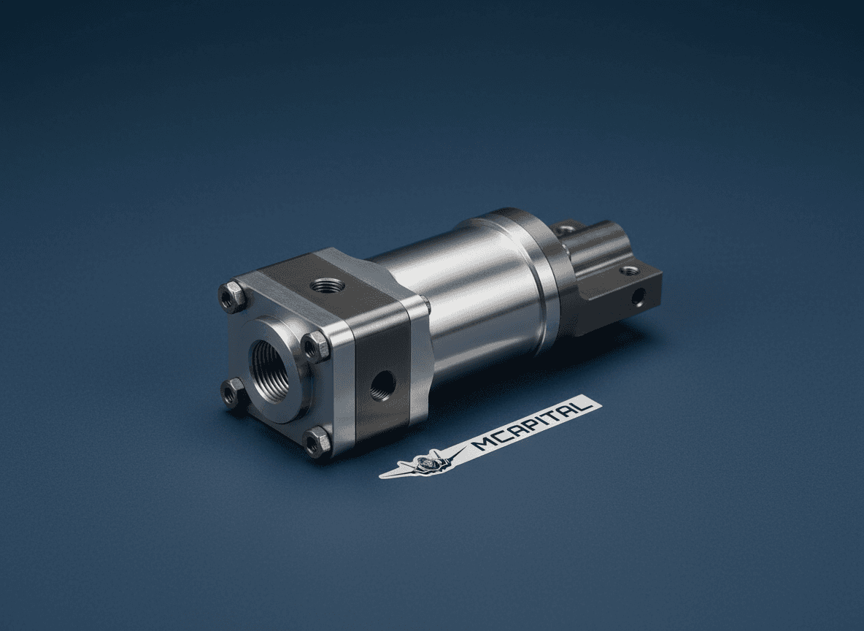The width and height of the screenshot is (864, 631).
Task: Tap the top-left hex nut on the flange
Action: [x=232, y=297]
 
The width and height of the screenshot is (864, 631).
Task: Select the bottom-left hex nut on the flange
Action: [x=233, y=393]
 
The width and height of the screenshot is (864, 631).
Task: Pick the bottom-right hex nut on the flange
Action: [x=317, y=442]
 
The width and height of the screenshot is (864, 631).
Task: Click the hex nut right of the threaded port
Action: [x=316, y=345]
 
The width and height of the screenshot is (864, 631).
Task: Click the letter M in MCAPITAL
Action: [x=482, y=442]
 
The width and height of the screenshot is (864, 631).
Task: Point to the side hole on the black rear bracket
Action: [x=639, y=296]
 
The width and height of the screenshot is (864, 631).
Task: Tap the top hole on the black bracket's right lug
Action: [x=630, y=271]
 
